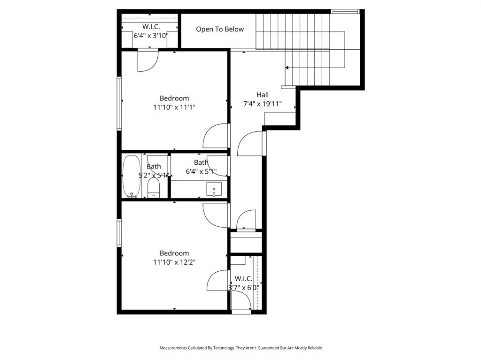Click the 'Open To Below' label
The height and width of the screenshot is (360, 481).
click(x=220, y=29)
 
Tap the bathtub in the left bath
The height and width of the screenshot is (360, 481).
click(x=131, y=176)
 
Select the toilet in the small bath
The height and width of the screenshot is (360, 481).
click(x=154, y=189)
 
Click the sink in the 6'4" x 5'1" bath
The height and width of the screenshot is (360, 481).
click(x=214, y=189)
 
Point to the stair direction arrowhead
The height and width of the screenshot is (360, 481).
click(x=287, y=68)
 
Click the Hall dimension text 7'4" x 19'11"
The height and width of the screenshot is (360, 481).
click(x=262, y=104)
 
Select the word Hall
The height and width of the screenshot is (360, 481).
click(x=263, y=95)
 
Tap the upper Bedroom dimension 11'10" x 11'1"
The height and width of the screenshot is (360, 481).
click(x=174, y=107)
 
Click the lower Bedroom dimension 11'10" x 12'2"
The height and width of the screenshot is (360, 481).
click(x=174, y=262)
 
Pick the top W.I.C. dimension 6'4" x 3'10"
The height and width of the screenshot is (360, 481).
click(x=151, y=35)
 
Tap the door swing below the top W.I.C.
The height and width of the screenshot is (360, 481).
click(x=147, y=61)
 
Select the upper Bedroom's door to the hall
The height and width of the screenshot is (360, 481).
click(x=216, y=136)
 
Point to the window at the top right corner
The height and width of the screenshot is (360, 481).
click(x=345, y=11)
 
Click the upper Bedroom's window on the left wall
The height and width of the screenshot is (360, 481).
click(x=119, y=103)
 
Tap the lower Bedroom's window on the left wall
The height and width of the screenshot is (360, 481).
click(x=119, y=233)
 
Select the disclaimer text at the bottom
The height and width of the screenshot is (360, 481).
click(x=240, y=348)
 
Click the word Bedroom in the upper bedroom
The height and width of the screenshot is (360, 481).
click(x=174, y=98)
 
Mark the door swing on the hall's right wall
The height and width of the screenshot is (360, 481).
click(x=251, y=144)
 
